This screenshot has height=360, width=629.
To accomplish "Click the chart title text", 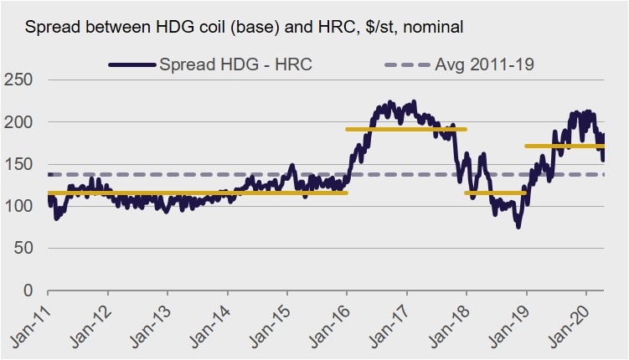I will point(244,28).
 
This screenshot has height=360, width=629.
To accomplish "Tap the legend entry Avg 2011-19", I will point(478,64).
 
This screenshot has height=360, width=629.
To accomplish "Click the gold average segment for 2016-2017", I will point(406,129).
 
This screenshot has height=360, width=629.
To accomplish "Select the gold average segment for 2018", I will point(495,193).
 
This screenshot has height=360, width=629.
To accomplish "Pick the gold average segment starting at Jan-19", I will point(565,146).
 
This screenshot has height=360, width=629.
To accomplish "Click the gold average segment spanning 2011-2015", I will point(197,193).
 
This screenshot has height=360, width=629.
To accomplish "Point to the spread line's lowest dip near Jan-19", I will point(518,226).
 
